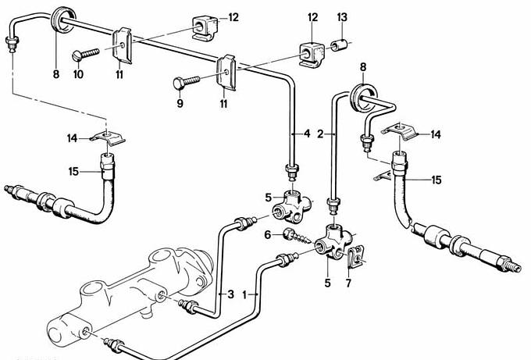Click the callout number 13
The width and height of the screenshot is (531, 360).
(x=342, y=16)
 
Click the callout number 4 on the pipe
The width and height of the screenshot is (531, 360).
(x=306, y=134)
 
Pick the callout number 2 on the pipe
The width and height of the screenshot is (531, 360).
(x=321, y=134)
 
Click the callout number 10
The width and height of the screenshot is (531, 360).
(x=77, y=74)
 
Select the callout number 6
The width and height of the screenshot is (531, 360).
(x=267, y=235)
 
